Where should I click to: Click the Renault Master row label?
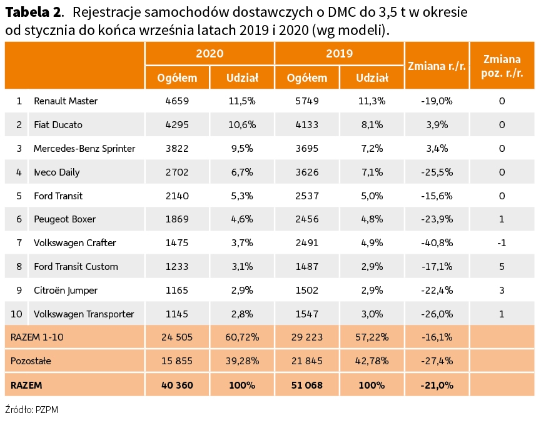point(65,101)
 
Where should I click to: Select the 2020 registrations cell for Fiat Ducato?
point(177,124)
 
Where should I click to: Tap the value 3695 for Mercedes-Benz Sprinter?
point(307,148)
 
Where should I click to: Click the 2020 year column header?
point(210,54)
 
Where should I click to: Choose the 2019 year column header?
point(339,54)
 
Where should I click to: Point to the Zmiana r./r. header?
point(437,65)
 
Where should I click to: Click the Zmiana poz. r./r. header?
point(502,65)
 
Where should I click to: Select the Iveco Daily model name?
point(56,172)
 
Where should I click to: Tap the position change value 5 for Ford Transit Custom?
point(502,267)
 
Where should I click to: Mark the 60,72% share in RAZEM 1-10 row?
point(242,337)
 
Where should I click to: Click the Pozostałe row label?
point(31,361)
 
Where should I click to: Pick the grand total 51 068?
point(307,386)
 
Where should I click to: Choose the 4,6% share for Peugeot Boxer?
point(242,219)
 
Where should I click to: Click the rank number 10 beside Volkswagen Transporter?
point(19,314)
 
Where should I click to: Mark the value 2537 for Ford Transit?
point(307,196)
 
